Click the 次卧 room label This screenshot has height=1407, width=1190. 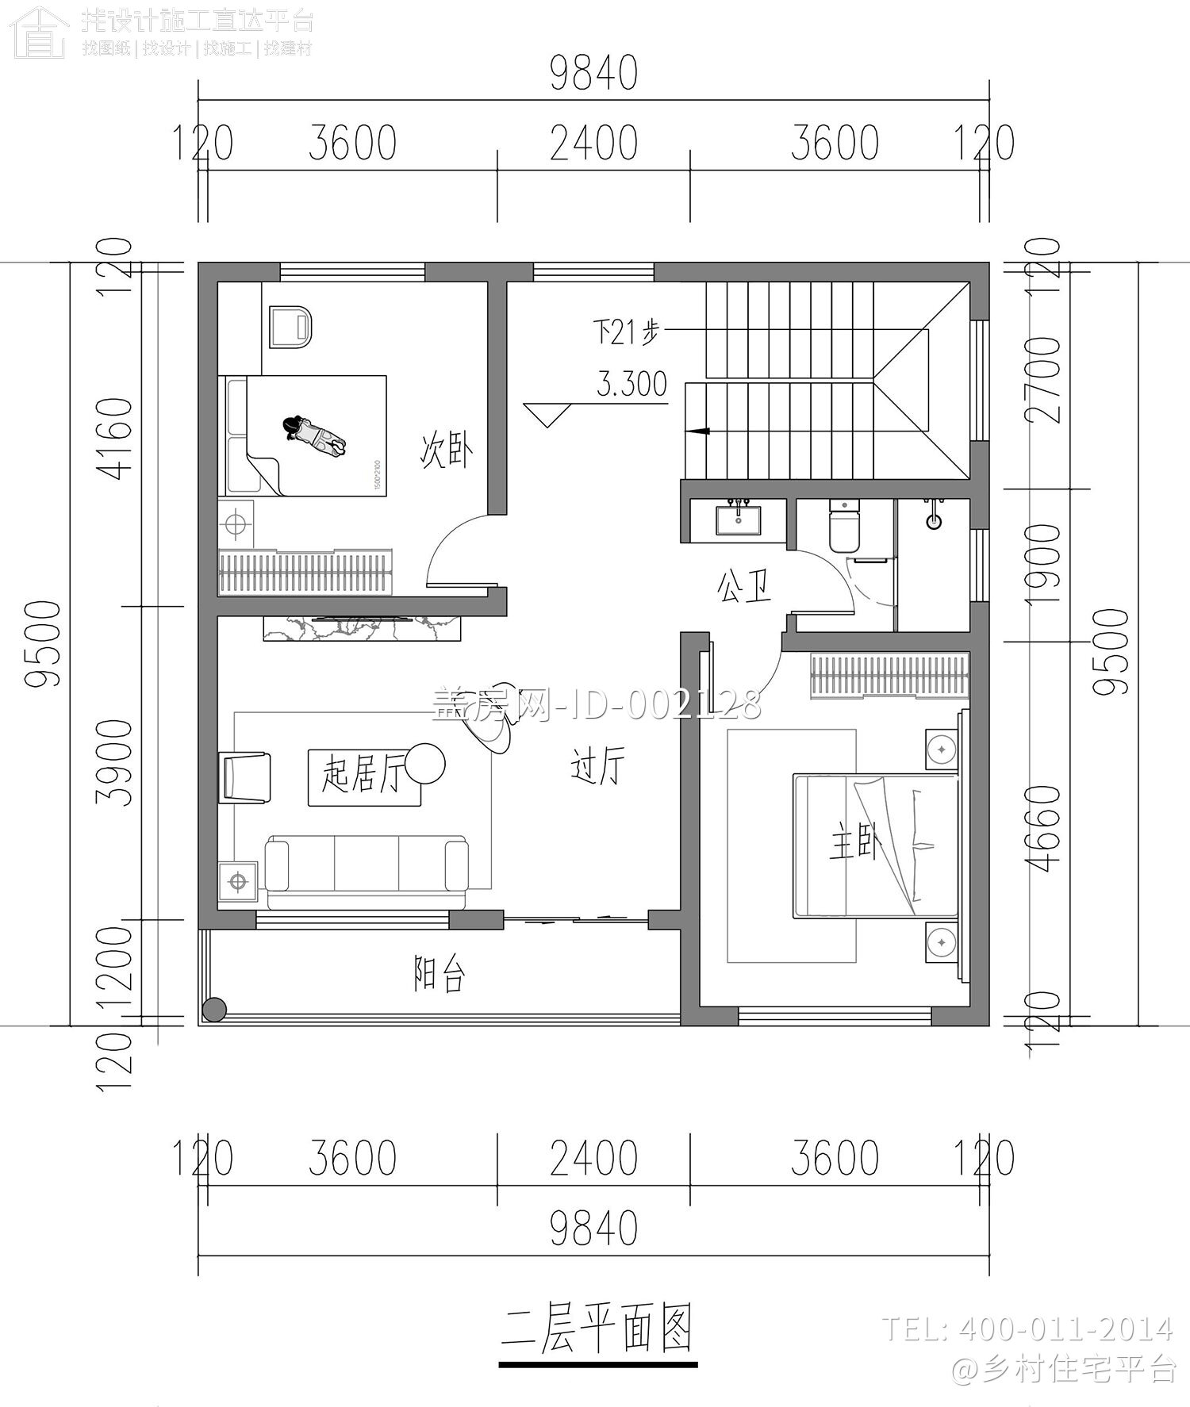tap(446, 450)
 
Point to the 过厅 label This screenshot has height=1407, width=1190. tap(598, 766)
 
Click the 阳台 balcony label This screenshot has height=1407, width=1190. tap(439, 974)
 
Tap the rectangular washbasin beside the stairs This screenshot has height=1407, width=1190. tap(739, 521)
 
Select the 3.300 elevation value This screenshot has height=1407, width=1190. tap(631, 385)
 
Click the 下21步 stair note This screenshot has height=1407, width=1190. tap(626, 332)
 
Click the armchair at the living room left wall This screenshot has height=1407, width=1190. tap(247, 777)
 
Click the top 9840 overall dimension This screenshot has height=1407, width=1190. tap(593, 75)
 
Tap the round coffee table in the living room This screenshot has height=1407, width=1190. tap(424, 763)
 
